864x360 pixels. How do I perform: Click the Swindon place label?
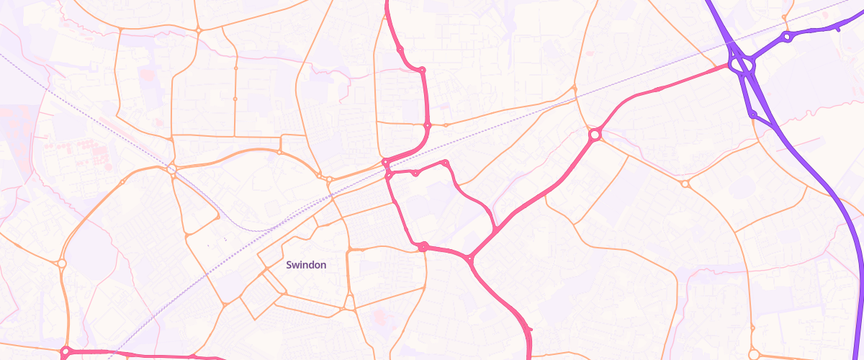306,265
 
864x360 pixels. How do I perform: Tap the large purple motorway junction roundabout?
741,65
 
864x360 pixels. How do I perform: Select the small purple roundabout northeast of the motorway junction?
787,36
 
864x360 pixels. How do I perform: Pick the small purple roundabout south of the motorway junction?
752,114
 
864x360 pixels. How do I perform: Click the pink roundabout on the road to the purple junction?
595,135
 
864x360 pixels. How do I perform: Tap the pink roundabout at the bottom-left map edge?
66,352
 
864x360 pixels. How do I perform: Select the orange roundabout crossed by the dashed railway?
172,169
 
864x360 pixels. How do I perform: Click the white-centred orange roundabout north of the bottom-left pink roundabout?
62,264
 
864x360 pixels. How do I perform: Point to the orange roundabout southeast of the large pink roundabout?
685,184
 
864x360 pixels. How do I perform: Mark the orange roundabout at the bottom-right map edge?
754,354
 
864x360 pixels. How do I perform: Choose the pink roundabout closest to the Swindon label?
423,247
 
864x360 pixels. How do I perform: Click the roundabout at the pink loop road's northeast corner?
446,163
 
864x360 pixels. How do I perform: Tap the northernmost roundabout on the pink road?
400,49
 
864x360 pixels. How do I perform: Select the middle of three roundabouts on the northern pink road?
422,70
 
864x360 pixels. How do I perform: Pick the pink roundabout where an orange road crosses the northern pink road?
427,125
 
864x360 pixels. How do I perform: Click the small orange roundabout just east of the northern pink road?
446,125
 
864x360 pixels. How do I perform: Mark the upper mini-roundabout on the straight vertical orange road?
235,68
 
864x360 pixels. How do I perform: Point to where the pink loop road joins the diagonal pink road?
497,229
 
